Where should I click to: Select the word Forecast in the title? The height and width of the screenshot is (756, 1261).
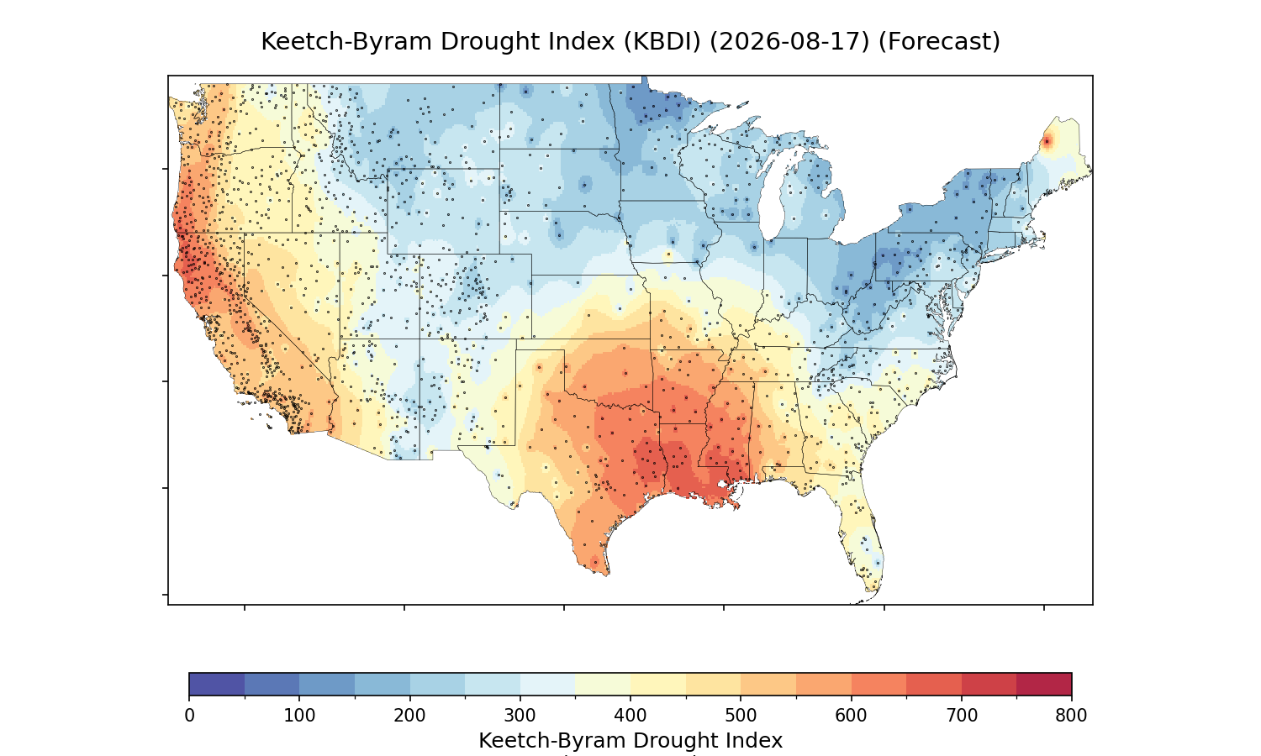[939, 41]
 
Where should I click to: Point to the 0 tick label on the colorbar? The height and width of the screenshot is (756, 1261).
[189, 716]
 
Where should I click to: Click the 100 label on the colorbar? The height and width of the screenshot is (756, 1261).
[299, 716]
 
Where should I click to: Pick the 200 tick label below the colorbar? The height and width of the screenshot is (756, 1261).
[410, 716]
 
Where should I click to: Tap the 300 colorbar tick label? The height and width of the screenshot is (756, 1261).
[520, 716]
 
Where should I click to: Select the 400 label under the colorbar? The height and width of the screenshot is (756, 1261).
[630, 716]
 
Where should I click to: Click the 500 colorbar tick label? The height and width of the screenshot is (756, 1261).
[741, 716]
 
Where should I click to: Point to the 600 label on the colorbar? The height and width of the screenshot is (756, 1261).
[851, 716]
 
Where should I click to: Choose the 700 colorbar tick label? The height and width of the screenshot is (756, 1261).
[962, 716]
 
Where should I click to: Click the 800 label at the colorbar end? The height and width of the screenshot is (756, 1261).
[1071, 716]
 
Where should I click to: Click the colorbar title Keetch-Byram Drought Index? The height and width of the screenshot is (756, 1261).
[630, 741]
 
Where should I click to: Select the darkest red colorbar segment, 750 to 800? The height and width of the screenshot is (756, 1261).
[1044, 684]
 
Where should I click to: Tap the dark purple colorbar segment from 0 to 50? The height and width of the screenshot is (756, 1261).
[217, 684]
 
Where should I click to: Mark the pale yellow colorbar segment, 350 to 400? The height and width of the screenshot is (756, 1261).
[603, 684]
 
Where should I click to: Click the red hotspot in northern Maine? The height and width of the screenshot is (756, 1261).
[1047, 142]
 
